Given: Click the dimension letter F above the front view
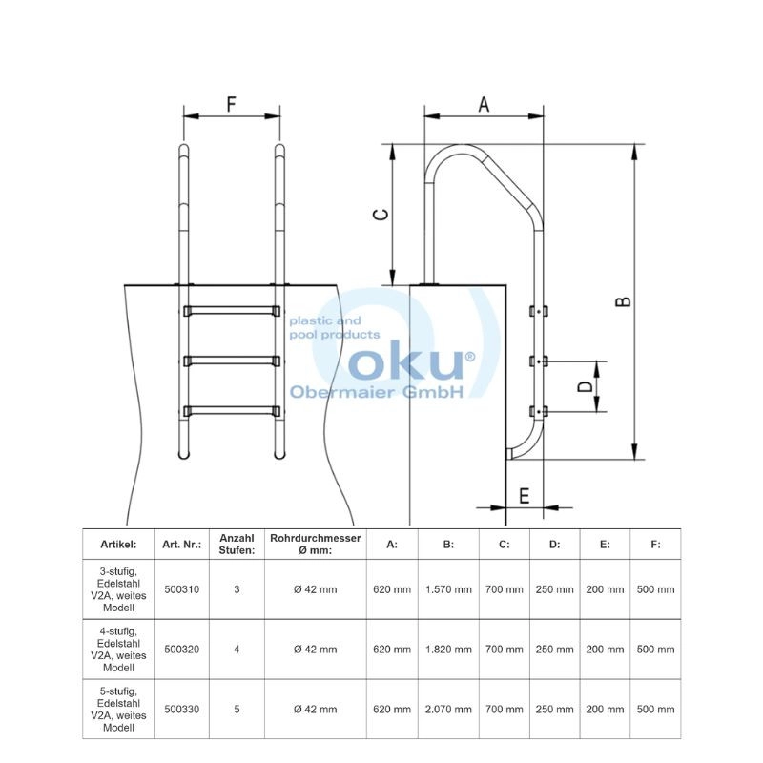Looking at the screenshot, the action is pyautogui.click(x=232, y=104).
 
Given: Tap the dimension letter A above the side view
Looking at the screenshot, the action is pyautogui.click(x=484, y=104).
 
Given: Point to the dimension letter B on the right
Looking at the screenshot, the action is pyautogui.click(x=624, y=301).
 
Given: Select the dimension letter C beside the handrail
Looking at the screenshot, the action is pyautogui.click(x=381, y=214).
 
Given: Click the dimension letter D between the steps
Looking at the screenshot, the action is pyautogui.click(x=586, y=386).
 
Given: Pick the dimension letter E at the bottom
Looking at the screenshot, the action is pyautogui.click(x=524, y=496).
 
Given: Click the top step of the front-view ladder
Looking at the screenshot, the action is pyautogui.click(x=232, y=311).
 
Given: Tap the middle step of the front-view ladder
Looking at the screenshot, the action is pyautogui.click(x=232, y=361).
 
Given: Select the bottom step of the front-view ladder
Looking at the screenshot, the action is pyautogui.click(x=232, y=411).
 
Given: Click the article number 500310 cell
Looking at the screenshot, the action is pyautogui.click(x=181, y=589).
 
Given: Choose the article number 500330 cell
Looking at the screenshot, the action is pyautogui.click(x=181, y=709).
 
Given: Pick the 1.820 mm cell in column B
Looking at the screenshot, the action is pyautogui.click(x=448, y=650).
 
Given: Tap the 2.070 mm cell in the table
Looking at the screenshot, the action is pyautogui.click(x=448, y=709).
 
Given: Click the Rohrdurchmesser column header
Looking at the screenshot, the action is pyautogui.click(x=316, y=544).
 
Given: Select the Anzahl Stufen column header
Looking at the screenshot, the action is pyautogui.click(x=237, y=544).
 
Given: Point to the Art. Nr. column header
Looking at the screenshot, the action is pyautogui.click(x=181, y=545).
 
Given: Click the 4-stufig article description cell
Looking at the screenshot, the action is pyautogui.click(x=118, y=650).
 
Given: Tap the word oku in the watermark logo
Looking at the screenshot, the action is pyautogui.click(x=406, y=361).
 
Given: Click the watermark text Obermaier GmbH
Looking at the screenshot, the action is pyautogui.click(x=376, y=392).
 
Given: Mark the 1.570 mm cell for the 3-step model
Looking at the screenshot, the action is pyautogui.click(x=448, y=589).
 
